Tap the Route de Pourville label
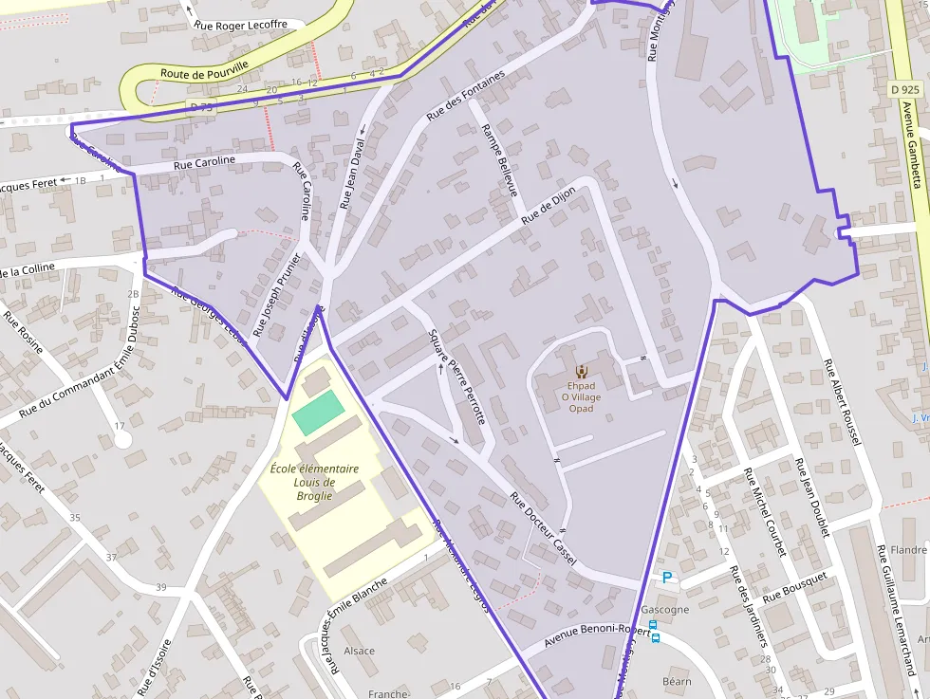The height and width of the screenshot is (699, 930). (x=205, y=70)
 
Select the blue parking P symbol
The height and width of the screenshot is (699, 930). (x=667, y=577)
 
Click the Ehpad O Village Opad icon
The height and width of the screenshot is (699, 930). (x=582, y=371)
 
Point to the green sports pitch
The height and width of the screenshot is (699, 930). (x=317, y=413)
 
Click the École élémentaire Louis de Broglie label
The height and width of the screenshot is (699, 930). (x=314, y=482)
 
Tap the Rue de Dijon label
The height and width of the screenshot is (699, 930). (x=549, y=205)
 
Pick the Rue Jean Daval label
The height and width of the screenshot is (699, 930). (x=352, y=175)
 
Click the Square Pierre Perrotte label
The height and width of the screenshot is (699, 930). (x=457, y=377)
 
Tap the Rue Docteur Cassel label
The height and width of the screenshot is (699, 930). (x=543, y=527)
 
